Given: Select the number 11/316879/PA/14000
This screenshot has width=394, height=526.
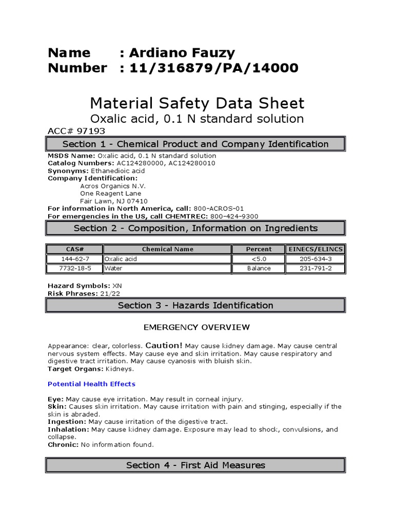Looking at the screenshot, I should click(213, 68).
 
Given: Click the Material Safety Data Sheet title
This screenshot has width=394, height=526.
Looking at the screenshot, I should click(197, 103).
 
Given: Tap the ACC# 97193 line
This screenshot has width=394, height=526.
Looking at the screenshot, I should click(76, 131).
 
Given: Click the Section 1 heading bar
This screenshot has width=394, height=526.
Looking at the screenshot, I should click(195, 144).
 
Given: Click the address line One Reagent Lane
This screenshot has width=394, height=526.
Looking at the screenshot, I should click(110, 194).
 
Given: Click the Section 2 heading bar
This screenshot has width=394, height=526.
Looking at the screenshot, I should click(195, 228).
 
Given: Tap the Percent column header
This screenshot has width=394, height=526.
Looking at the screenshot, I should click(259, 249).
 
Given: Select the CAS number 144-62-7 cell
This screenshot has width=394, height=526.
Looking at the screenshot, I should click(74, 259).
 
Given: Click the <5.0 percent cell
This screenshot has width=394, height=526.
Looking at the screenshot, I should click(259, 259).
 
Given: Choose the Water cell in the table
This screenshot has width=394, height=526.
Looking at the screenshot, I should click(113, 268).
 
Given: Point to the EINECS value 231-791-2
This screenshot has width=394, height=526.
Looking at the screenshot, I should click(316, 268).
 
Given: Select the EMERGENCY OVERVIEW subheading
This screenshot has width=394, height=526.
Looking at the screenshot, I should click(196, 327).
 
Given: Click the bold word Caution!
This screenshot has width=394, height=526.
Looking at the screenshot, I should click(164, 346).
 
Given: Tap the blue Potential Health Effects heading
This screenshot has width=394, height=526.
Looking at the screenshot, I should click(91, 384).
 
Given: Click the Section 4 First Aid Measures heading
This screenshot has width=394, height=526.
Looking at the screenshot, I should click(195, 465).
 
